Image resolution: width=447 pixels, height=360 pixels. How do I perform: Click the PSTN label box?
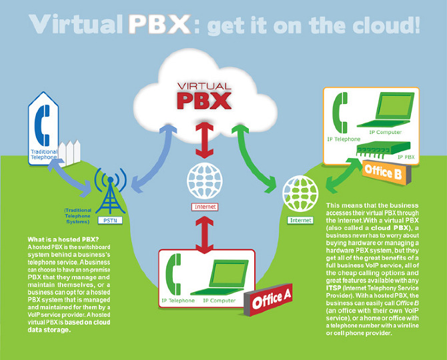(x=110, y=221)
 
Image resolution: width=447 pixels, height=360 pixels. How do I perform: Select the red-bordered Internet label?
(x=205, y=207)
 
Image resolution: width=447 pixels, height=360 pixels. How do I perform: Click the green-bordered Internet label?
(x=300, y=220)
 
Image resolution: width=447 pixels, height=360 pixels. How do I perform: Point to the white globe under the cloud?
(x=204, y=180)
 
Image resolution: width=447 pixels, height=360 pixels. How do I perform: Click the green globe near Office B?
(x=300, y=194)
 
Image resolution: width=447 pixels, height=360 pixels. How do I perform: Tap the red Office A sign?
(x=268, y=300)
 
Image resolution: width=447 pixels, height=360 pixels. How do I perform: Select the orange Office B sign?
(x=386, y=172)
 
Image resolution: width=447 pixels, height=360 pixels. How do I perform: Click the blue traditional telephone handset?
(x=42, y=125)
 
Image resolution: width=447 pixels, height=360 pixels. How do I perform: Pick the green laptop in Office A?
(x=219, y=278)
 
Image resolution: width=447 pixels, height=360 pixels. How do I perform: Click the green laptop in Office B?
(x=386, y=110)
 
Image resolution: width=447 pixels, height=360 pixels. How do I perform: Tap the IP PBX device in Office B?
(x=384, y=149)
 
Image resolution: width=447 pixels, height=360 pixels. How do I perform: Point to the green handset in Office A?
(x=173, y=274)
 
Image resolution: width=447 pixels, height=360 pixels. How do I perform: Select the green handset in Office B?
(x=339, y=113)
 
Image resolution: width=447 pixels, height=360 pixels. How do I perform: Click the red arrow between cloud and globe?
(x=204, y=141)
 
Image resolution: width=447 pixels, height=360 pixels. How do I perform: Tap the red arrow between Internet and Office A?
(x=204, y=235)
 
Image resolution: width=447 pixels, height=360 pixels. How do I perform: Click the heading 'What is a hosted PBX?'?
(x=63, y=239)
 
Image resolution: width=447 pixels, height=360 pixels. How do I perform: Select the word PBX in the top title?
(x=159, y=25)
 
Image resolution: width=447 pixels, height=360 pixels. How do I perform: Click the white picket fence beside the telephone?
(x=69, y=153)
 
